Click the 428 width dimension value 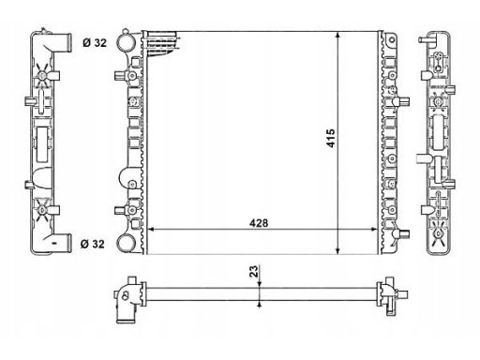pyautogui.click(x=259, y=223)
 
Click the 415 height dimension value pyautogui.click(x=330, y=138)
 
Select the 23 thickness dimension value pyautogui.click(x=254, y=272)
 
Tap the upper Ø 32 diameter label pyautogui.click(x=95, y=42)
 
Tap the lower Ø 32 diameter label pyautogui.click(x=93, y=244)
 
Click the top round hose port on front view pyautogui.click(x=126, y=43)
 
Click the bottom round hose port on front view pyautogui.click(x=126, y=243)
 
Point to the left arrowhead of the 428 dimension pyautogui.click(x=151, y=230)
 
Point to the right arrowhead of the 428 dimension pyautogui.click(x=374, y=230)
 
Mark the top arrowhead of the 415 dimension pyautogui.click(x=337, y=35)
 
